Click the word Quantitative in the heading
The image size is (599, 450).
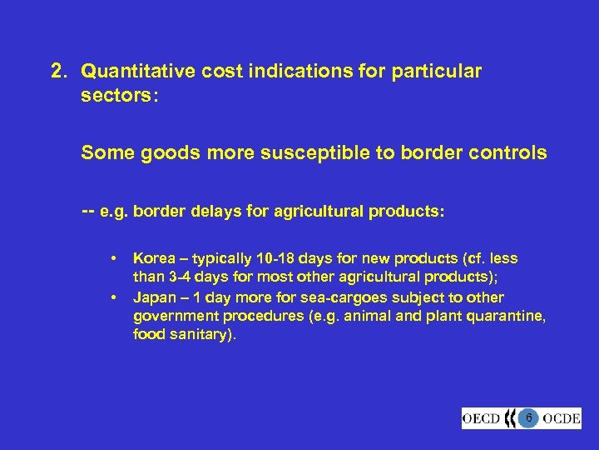click(142, 72)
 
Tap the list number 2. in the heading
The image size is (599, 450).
click(59, 72)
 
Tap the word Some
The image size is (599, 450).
click(103, 152)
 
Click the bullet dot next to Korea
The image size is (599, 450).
click(111, 259)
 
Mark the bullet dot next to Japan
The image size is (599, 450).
click(111, 297)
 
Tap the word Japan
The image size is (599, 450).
click(152, 297)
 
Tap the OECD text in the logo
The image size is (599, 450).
click(482, 417)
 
